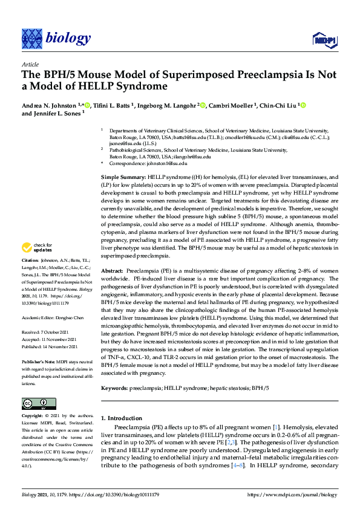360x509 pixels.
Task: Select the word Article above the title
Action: click(30, 64)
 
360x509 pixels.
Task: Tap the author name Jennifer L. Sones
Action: click(55, 114)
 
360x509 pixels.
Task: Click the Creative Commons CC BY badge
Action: click(39, 404)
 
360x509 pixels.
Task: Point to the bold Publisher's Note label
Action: click(38, 361)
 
